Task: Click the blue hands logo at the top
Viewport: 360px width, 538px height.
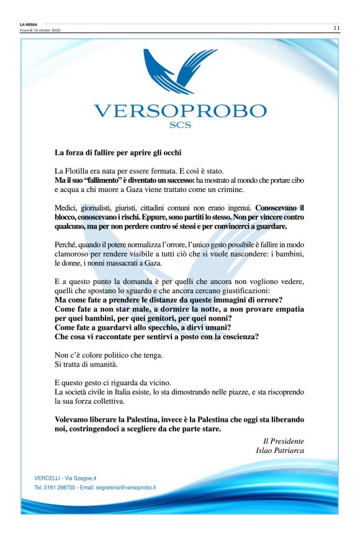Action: pos(179,71)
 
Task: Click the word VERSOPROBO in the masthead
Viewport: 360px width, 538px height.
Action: pos(180,112)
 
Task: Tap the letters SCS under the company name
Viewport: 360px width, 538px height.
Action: pos(180,125)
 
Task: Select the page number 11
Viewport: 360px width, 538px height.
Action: pos(336,28)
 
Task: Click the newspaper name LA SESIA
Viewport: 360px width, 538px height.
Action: pos(29,25)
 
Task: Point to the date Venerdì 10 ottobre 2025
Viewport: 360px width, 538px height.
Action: pos(40,30)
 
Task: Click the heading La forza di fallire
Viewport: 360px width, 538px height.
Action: pos(118,152)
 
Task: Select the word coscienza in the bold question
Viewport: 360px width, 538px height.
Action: pos(240,337)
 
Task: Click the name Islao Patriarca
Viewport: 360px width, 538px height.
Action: pos(280,450)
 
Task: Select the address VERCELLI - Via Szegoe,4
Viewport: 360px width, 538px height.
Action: pos(65,478)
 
